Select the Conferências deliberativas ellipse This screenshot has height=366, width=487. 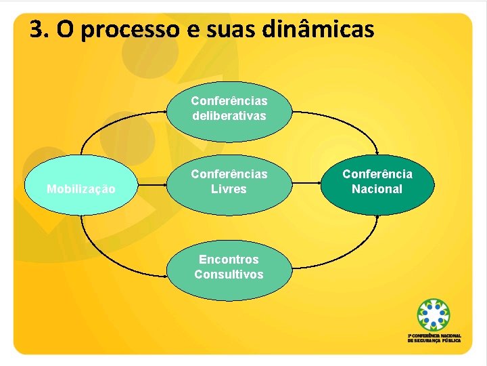(229, 108)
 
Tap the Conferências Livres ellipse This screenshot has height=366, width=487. (229, 182)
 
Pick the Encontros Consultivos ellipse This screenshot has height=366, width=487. (229, 267)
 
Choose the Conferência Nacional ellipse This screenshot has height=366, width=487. (377, 182)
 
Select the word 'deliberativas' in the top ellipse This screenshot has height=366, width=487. (229, 116)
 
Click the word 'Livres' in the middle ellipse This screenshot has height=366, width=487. (229, 189)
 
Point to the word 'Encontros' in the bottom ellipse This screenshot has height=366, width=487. (229, 260)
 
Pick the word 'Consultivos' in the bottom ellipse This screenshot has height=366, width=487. (229, 274)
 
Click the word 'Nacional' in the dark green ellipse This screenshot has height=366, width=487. (377, 189)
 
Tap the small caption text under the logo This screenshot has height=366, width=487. (434, 338)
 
